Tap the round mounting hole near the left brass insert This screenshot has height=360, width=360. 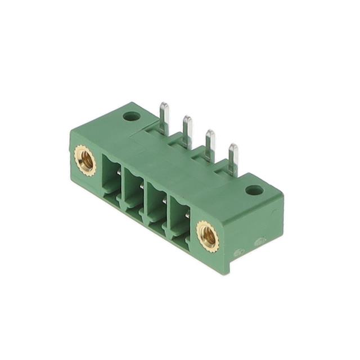132,117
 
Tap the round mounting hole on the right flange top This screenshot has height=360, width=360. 254,190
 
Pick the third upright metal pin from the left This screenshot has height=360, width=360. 210,143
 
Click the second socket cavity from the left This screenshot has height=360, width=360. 134,188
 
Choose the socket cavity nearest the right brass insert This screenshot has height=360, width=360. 179,217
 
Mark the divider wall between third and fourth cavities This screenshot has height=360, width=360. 168,211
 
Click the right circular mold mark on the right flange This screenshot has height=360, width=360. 260,242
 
